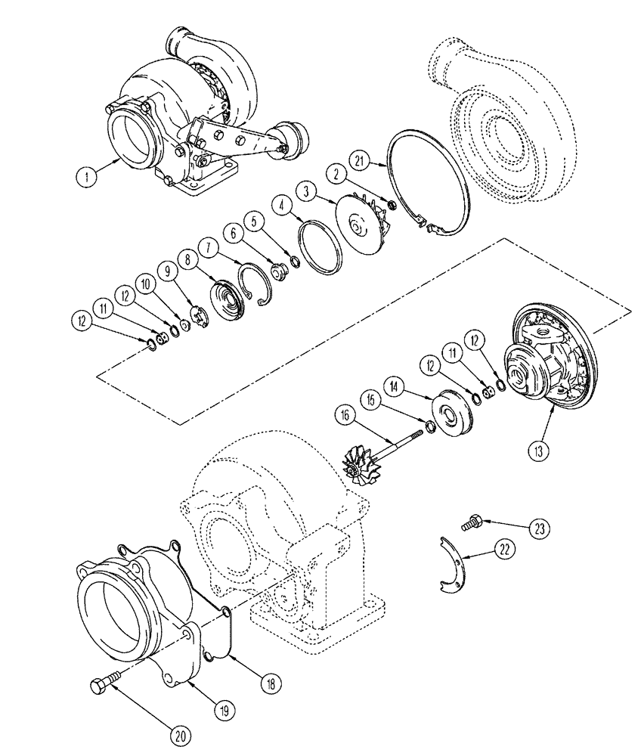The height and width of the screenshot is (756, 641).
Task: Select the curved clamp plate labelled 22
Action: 451,562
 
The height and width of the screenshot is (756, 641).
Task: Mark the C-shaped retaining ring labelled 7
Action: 255,282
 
